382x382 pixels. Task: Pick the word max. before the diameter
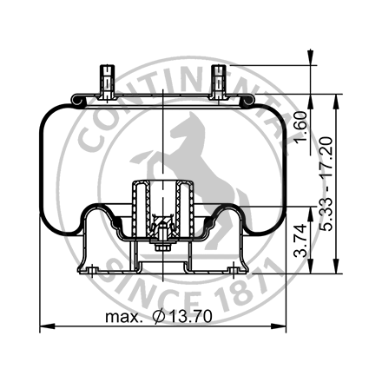pyautogui.click(x=124, y=318)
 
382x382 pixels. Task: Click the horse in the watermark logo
pyautogui.click(x=195, y=152)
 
